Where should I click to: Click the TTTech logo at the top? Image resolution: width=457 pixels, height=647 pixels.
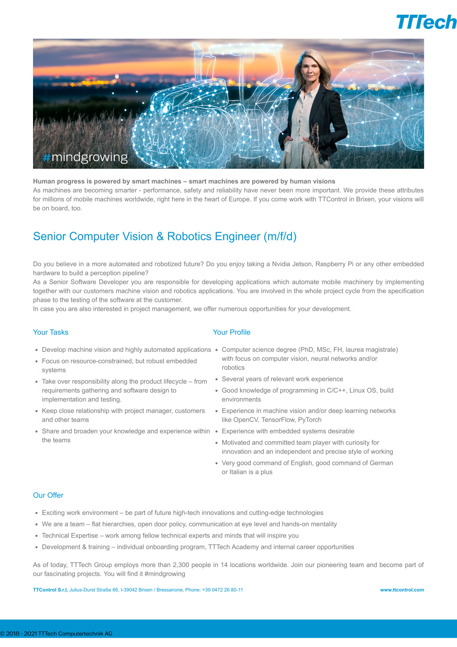point(426,22)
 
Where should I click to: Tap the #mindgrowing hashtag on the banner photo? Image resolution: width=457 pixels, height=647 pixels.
point(85,157)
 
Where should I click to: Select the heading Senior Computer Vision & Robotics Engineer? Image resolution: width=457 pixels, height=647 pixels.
point(165,236)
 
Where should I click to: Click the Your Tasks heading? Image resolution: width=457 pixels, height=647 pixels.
point(50,332)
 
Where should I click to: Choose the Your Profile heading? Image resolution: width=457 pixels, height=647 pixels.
point(231,332)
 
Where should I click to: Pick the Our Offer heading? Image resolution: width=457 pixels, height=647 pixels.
point(48,495)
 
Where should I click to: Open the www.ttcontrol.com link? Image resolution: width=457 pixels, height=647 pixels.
point(402,590)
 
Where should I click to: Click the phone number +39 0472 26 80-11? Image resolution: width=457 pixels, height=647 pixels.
point(222,590)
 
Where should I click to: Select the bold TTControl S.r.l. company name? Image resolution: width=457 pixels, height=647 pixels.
point(50,590)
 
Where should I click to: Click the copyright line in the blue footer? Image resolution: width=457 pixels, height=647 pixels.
point(56,633)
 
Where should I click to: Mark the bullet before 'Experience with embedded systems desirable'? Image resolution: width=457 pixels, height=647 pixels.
point(216,431)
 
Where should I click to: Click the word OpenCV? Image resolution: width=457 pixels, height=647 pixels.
point(245,420)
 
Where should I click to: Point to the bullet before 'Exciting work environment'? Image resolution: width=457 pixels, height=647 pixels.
point(37,513)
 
